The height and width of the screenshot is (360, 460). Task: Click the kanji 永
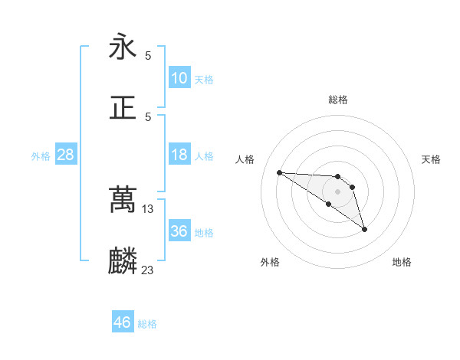pos(123,47)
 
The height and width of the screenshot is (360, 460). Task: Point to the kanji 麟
pos(123,260)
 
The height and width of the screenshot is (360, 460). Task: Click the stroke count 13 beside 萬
pos(149,209)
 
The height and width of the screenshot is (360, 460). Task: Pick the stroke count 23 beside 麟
pos(149,269)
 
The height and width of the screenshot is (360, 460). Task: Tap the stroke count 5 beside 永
pos(148,56)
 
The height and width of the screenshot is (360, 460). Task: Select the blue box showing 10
pos(179,78)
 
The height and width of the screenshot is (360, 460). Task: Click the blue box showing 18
pos(179,155)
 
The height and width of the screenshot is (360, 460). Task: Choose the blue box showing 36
pos(179,231)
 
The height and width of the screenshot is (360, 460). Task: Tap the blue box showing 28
pos(65,155)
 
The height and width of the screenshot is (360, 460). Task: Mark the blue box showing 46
pos(123,322)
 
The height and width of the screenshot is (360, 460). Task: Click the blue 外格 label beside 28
pos(41,156)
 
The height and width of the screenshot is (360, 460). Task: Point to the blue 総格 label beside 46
pos(148,324)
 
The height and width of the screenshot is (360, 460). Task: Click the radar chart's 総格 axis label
pos(338,100)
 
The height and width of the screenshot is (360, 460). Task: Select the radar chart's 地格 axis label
pos(402,262)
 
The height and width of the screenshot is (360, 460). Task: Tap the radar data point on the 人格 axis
pos(279,172)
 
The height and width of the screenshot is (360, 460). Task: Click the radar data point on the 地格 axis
pos(364,229)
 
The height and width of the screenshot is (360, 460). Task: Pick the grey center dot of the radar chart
pos(338,191)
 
